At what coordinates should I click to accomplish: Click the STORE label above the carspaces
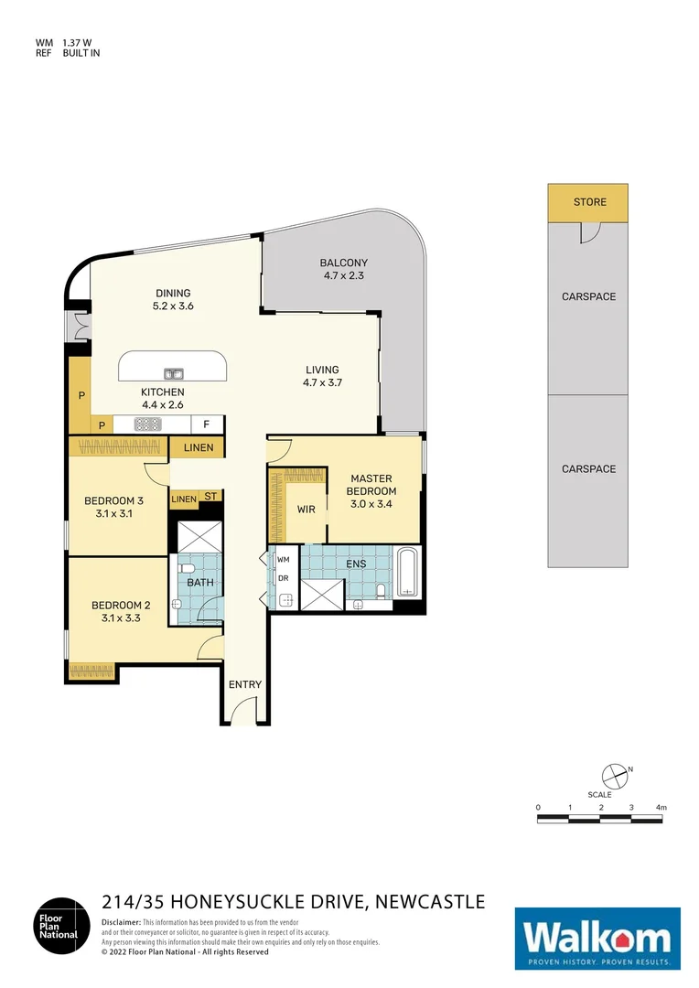(x=589, y=202)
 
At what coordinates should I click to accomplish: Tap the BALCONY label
(x=344, y=263)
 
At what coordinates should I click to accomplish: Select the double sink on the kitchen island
(x=174, y=373)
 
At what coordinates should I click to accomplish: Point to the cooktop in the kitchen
(x=148, y=424)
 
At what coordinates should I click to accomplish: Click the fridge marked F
(x=207, y=424)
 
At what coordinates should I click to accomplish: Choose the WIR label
(x=306, y=510)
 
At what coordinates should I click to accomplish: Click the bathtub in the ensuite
(x=408, y=573)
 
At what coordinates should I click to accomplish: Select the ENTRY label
(x=245, y=684)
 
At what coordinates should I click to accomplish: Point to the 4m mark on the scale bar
(x=661, y=807)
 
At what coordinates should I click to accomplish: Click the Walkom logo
(x=597, y=939)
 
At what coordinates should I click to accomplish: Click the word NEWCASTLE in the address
(x=428, y=902)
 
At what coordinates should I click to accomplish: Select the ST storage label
(x=210, y=497)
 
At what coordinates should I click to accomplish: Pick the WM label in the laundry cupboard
(x=283, y=559)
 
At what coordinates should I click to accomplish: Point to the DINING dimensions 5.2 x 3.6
(x=173, y=306)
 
